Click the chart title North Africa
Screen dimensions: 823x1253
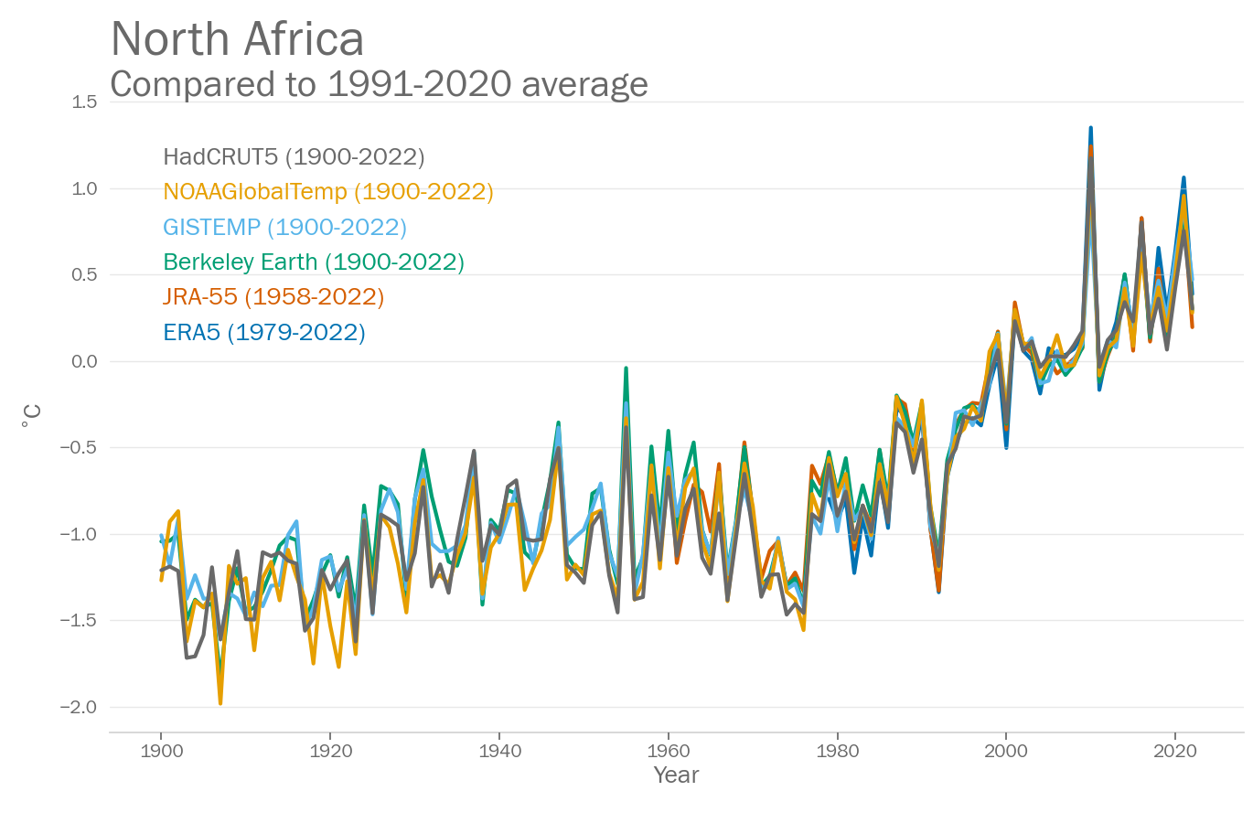[x=237, y=39]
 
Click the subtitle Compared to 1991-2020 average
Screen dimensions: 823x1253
[x=379, y=84]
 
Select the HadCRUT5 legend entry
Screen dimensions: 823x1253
[x=294, y=157]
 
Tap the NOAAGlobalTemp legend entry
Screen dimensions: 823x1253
[x=328, y=192]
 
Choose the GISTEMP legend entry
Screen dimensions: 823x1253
[x=284, y=227]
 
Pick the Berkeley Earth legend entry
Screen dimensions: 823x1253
[x=314, y=262]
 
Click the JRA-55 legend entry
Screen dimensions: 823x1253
[x=273, y=297]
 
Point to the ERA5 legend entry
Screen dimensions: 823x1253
[x=264, y=332]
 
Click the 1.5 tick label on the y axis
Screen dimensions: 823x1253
[x=84, y=102]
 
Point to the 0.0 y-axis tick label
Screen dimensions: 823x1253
[x=84, y=361]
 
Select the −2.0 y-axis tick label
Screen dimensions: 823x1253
[x=79, y=707]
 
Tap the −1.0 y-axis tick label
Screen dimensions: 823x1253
[x=79, y=534]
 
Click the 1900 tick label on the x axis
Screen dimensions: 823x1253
[x=161, y=752]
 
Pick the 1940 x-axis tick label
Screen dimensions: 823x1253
[x=499, y=752]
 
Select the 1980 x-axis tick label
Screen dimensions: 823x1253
[x=837, y=752]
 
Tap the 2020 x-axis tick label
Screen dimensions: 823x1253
[x=1175, y=752]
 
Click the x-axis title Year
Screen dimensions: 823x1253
[x=676, y=775]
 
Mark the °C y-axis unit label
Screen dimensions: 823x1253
[x=32, y=417]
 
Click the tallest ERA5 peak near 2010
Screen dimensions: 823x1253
[x=1090, y=129]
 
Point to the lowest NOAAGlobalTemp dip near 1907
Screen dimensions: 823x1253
[x=220, y=702]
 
